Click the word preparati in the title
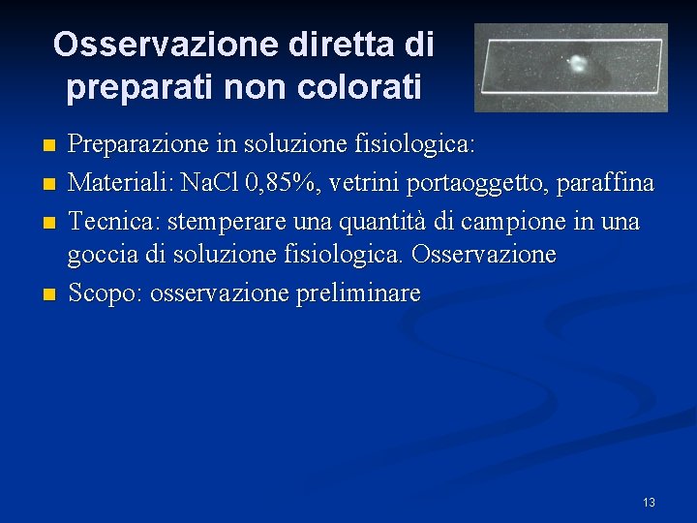140,88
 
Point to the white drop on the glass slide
577,65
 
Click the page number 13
649,502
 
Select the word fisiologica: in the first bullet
410,146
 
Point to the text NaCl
208,183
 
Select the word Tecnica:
113,221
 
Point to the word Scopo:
104,293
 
